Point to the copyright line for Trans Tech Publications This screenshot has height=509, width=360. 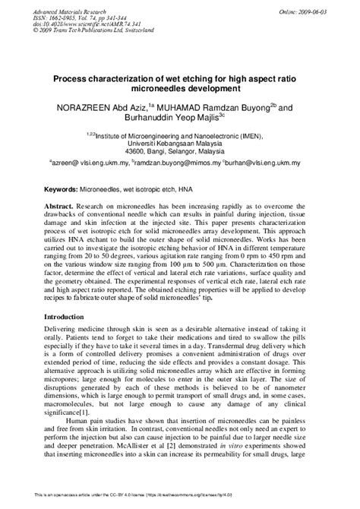coord(84,35)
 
